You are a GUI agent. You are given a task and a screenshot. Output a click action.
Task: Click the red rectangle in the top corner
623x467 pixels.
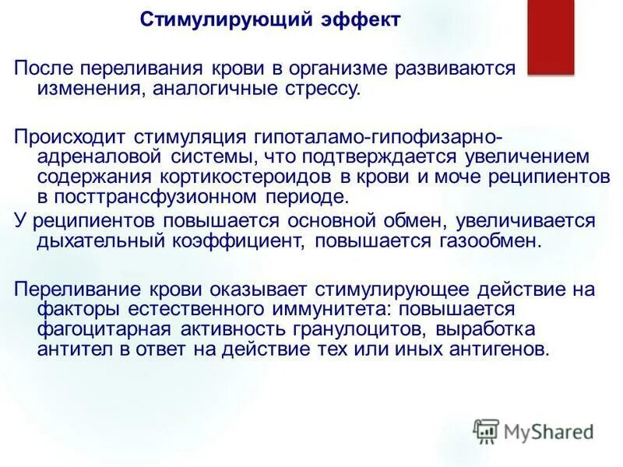pos(551,37)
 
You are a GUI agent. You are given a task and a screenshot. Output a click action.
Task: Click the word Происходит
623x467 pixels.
pos(70,138)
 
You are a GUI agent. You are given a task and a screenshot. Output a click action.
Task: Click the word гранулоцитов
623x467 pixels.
pos(337,329)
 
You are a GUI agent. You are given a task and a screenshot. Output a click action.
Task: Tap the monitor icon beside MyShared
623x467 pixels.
pos(486,431)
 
